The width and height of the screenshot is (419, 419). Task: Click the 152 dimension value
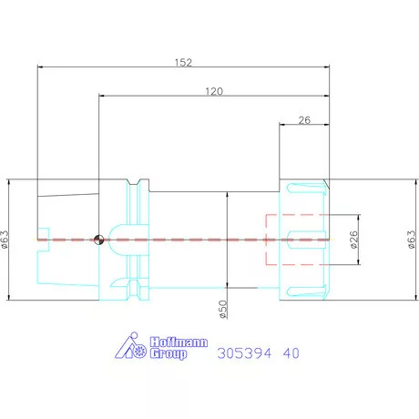coord(183,63)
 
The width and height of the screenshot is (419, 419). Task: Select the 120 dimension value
coord(214,91)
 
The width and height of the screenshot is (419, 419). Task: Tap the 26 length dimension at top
coord(304,120)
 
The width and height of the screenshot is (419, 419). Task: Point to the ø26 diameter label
coord(354,240)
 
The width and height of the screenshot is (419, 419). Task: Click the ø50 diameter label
coord(223,310)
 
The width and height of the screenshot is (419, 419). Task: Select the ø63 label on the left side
coord(5,240)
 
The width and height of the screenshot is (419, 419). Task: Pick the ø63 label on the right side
coord(411,240)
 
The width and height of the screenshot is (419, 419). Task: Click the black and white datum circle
coord(99,240)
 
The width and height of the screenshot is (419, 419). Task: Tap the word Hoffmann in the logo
coord(179,342)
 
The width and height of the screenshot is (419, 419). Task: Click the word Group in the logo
coord(169,353)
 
